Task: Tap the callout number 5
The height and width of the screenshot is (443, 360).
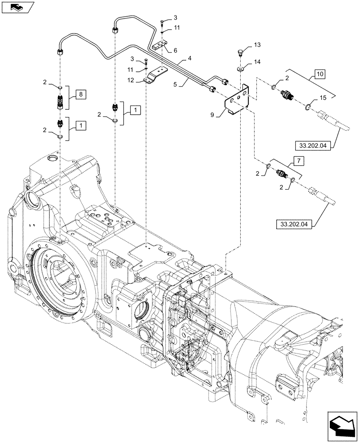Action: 176,83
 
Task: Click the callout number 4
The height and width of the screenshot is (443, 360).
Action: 189,58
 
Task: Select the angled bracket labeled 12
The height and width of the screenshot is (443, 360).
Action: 154,75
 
